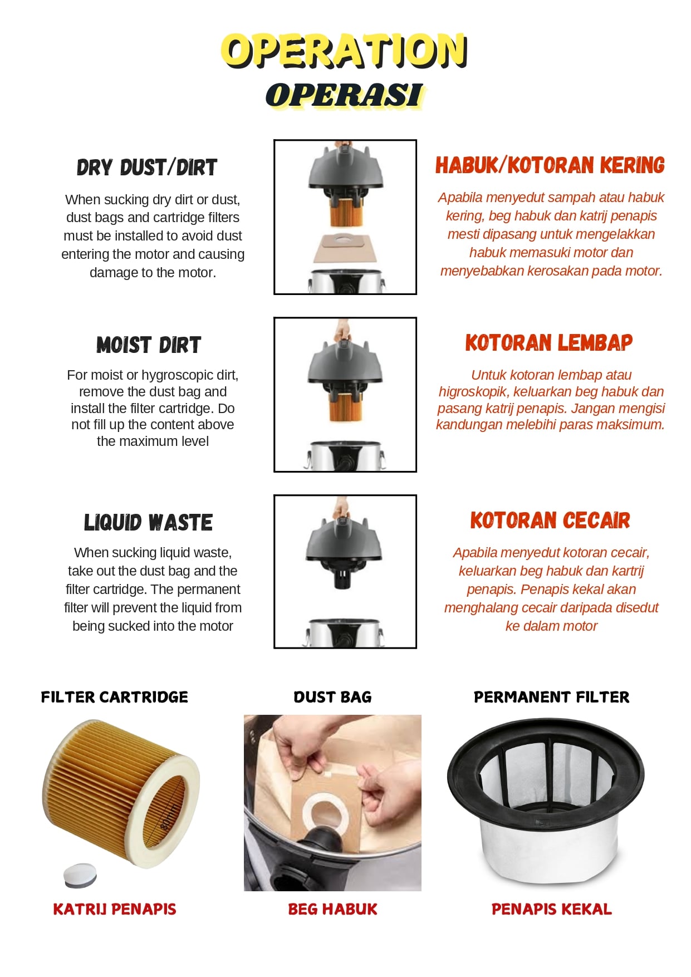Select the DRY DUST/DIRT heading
[x=147, y=168]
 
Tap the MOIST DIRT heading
[x=149, y=345]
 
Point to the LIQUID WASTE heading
[x=149, y=523]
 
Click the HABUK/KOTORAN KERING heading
[x=550, y=165]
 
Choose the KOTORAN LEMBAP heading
[x=549, y=343]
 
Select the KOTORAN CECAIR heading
[x=550, y=521]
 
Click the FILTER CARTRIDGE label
[x=115, y=697]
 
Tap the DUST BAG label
[x=332, y=697]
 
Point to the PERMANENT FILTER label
[x=551, y=697]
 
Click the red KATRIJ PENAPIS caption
[x=115, y=909]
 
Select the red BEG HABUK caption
[x=332, y=909]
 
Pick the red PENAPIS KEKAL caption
[x=551, y=909]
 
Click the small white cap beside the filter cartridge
[x=80, y=875]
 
